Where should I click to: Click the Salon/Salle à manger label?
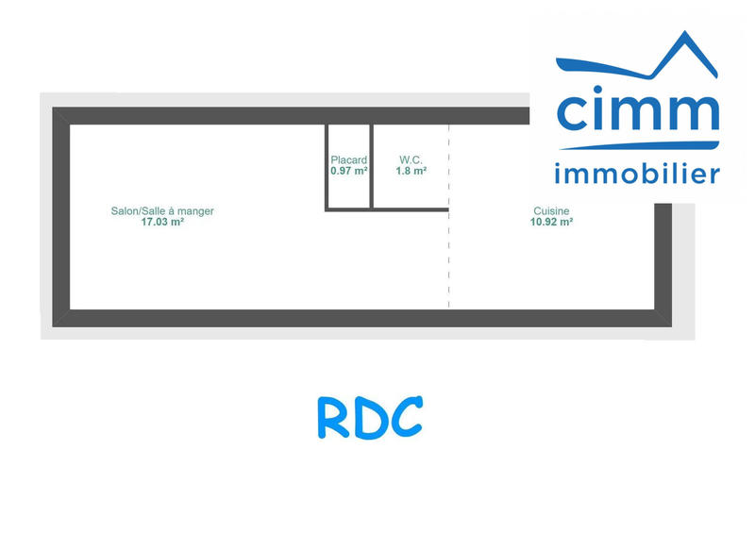coord(162,211)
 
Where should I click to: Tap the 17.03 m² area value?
coord(162,223)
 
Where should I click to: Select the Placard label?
coord(348,160)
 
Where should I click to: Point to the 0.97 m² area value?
coord(348,172)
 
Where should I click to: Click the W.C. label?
coord(411,160)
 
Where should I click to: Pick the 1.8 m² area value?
coord(411,172)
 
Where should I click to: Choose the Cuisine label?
coord(551,211)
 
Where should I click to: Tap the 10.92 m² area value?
coord(551,223)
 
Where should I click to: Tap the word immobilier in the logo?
coord(637,174)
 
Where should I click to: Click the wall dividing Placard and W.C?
coord(371,166)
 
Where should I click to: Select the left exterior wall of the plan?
coord(60,216)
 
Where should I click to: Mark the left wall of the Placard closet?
coord(327,166)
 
